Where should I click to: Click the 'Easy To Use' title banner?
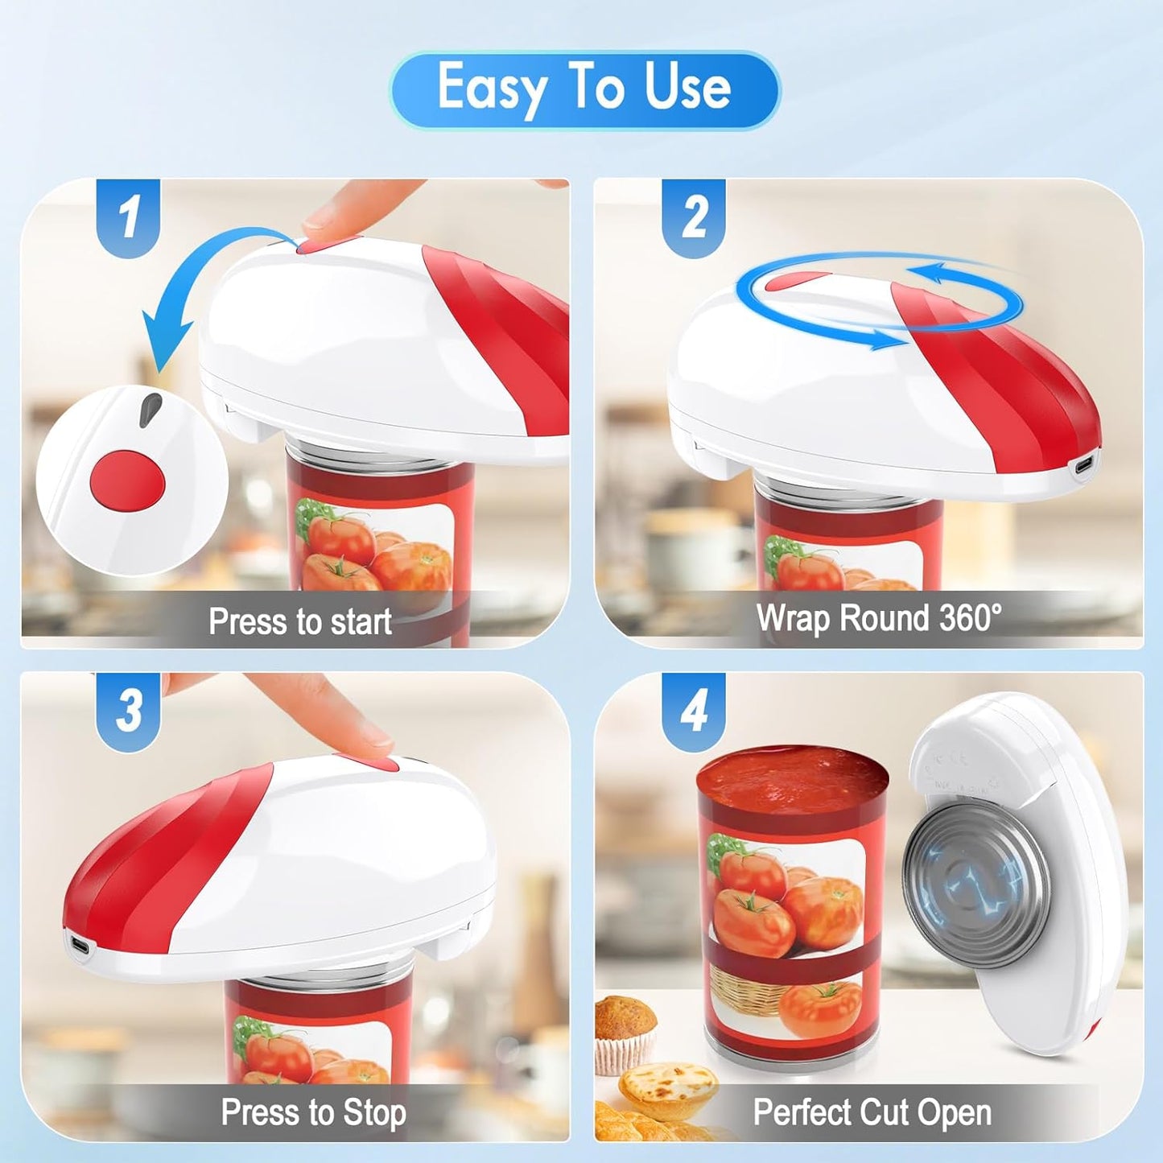click(x=584, y=89)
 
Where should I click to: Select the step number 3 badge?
click(x=129, y=710)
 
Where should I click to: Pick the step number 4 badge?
click(x=694, y=710)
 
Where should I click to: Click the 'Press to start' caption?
click(x=299, y=621)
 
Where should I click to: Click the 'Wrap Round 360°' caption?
click(x=879, y=618)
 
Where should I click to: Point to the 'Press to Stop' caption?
click(x=313, y=1112)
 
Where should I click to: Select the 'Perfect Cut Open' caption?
click(x=872, y=1112)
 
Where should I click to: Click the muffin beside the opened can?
click(x=625, y=1030)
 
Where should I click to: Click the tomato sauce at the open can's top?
click(x=792, y=776)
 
